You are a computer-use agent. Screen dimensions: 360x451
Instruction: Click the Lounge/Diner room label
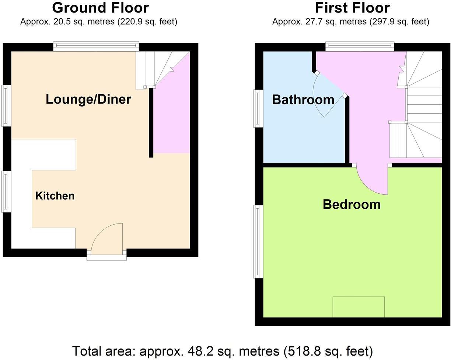(88, 99)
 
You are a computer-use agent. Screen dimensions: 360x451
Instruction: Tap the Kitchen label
(55, 196)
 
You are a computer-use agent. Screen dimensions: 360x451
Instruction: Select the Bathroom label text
(303, 100)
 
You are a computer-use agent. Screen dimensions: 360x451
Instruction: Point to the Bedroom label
(352, 204)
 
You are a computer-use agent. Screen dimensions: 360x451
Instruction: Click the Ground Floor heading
(100, 8)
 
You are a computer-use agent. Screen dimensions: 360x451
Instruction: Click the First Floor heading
(352, 8)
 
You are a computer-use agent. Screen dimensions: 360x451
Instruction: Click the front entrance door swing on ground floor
(107, 238)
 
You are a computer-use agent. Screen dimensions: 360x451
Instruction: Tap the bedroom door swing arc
(372, 181)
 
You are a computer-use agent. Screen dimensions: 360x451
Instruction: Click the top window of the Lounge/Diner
(96, 46)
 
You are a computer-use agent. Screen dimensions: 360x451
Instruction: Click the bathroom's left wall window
(258, 108)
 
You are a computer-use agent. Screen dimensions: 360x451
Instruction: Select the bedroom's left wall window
(258, 241)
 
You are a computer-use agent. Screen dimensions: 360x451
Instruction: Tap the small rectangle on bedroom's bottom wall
(359, 307)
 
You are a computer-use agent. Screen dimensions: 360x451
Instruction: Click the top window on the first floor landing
(360, 46)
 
